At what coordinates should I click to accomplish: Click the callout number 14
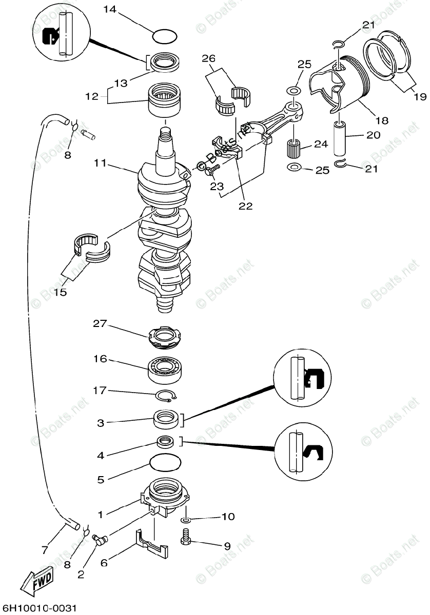[111, 9]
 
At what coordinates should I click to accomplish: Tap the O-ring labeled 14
[165, 36]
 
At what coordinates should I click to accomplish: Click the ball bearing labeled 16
[166, 367]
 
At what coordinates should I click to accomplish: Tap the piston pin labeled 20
[340, 137]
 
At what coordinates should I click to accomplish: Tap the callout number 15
[60, 292]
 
